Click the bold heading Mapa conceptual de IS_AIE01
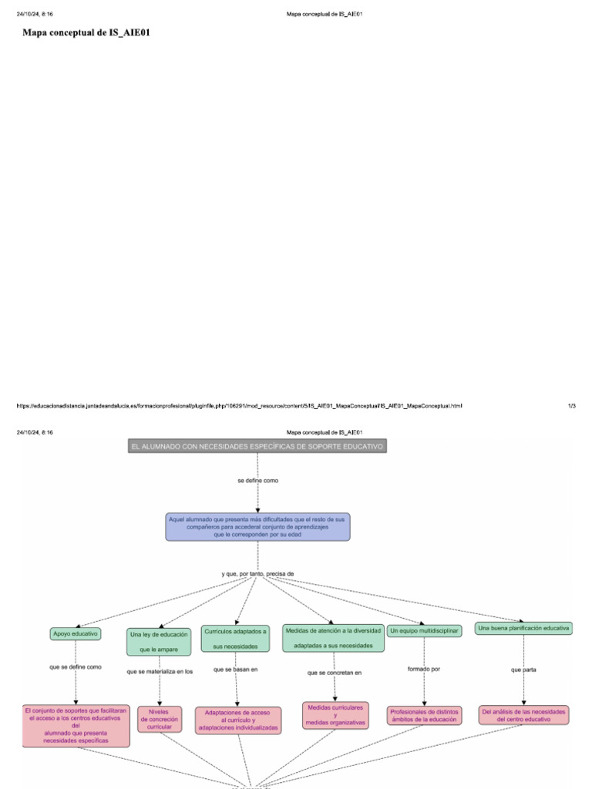81,33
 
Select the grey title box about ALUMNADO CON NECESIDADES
257,447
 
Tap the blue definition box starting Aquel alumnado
257,527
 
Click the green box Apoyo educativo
76,633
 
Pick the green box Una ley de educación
159,642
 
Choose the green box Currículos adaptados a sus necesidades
235,638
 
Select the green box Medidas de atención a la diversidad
333,637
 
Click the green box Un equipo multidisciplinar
424,631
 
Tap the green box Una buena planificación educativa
523,629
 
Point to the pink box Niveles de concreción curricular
159,719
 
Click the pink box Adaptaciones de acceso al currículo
238,720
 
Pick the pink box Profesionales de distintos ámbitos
424,716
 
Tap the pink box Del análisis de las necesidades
524,715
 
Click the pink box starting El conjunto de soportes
76,725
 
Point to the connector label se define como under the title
257,481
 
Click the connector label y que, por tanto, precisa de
257,574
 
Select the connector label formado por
424,669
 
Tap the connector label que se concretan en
334,673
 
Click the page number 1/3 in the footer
571,406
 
